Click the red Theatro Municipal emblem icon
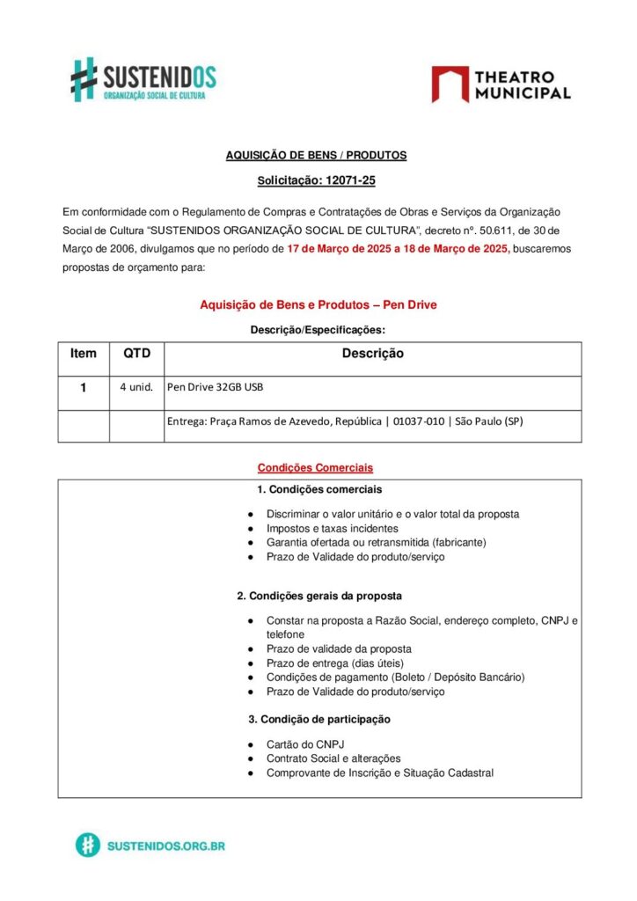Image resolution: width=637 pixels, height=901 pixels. coord(450,84)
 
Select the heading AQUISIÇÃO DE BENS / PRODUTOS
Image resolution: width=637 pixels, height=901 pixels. coord(316,155)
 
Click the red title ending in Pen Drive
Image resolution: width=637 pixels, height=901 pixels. coord(318,304)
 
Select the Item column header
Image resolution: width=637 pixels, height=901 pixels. coord(84,354)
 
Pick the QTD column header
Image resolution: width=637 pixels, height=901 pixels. coord(136,354)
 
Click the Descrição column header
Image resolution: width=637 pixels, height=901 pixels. coord(372,354)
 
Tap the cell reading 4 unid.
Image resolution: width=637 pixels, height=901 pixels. coord(137,387)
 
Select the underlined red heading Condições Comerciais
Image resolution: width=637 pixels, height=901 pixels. coord(315,467)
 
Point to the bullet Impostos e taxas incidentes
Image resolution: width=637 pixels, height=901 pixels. coord(332,529)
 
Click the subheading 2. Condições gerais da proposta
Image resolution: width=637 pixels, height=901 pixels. coord(319,596)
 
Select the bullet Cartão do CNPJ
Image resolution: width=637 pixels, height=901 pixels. coord(304,744)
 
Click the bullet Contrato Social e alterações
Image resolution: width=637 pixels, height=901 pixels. coord(333,758)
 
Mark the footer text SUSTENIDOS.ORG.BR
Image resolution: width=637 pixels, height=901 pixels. coord(165,846)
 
